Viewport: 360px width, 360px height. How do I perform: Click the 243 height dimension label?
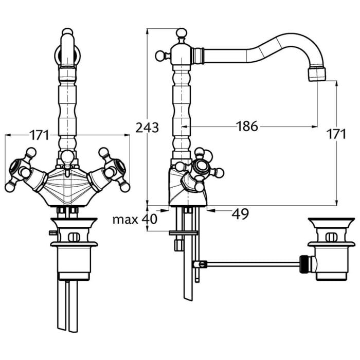[147, 128]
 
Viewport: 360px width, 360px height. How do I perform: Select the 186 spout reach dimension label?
[247, 126]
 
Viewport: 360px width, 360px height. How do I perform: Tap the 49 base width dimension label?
[240, 214]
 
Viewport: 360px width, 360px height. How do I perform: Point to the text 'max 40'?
[135, 219]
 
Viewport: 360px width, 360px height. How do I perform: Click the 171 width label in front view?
[39, 135]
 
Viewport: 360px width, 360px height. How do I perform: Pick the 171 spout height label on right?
[336, 134]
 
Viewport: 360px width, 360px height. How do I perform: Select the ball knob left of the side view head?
[160, 56]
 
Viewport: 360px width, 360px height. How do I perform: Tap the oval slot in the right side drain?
[332, 237]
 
